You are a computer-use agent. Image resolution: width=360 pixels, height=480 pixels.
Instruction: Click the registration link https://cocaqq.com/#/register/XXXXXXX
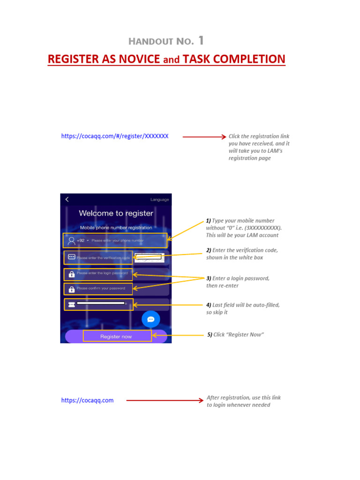point(115,136)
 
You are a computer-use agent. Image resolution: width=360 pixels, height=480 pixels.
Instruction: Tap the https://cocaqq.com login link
point(87,401)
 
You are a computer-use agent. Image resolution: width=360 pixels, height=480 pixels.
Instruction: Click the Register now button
point(116,337)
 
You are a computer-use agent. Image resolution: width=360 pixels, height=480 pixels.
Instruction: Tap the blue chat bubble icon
point(151,319)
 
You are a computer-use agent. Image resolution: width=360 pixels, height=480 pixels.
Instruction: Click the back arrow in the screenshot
point(67,199)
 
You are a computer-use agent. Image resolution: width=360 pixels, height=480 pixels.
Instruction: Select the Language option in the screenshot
point(159,200)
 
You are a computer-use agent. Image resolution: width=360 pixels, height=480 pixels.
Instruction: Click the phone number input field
point(117,240)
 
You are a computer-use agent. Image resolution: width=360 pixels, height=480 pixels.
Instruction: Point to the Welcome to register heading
point(116,213)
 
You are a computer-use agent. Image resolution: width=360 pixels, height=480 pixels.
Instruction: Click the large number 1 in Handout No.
point(201,41)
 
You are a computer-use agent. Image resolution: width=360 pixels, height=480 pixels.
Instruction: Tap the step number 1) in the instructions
point(209,221)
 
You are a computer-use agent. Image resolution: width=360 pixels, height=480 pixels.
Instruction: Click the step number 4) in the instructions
point(209,305)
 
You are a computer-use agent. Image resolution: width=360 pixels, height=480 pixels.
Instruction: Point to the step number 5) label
point(210,335)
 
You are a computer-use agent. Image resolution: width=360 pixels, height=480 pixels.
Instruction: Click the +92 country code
point(81,240)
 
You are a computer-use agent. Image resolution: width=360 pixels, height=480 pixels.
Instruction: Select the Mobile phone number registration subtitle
point(116,228)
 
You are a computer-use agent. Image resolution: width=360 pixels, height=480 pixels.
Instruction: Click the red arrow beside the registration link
point(204,137)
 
